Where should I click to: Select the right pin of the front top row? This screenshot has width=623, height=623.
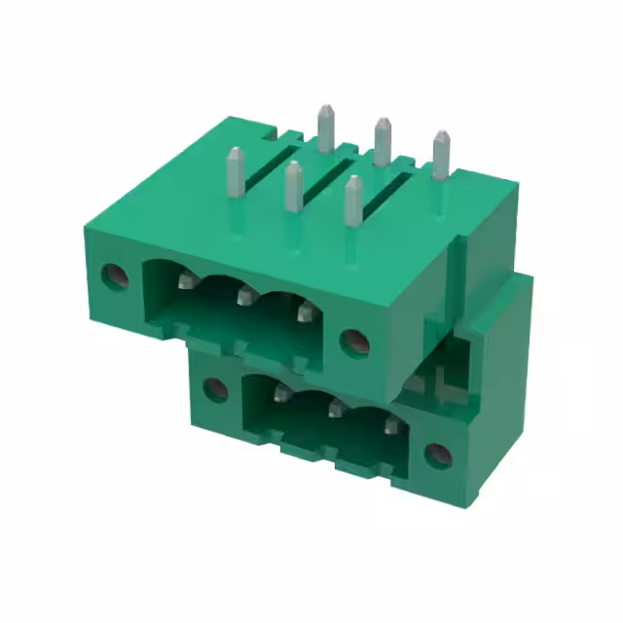point(353,201)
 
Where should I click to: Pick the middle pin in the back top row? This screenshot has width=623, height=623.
point(383,141)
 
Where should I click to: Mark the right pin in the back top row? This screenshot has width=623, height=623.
point(441,154)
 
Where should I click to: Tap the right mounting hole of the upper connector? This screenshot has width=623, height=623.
point(352,340)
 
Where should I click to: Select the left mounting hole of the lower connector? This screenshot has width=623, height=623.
point(214,390)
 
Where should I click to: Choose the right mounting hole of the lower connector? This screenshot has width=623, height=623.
point(438,455)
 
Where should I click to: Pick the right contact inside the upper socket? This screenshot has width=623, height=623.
point(305,311)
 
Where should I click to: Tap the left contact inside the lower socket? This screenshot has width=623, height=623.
point(281,394)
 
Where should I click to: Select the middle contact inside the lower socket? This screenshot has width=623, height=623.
point(336,409)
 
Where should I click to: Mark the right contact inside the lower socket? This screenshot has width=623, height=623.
point(390,424)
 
